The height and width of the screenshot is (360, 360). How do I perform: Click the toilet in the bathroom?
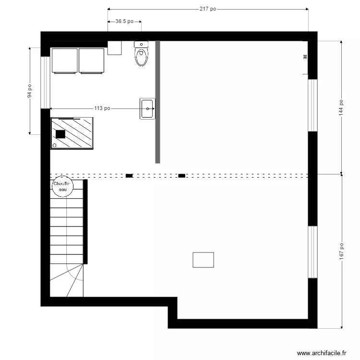point(141,54)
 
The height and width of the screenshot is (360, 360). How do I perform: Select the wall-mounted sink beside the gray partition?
point(147,108)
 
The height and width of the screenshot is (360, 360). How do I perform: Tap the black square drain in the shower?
point(60,134)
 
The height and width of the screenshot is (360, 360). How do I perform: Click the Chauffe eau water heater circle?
point(61,187)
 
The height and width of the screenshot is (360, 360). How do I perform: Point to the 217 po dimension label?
point(207,9)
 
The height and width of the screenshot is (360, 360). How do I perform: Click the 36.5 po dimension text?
point(124,22)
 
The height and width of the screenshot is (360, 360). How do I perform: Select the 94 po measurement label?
point(30,91)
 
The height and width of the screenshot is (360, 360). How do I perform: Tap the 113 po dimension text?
point(102,108)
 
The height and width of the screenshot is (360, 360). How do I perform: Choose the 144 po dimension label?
point(341,107)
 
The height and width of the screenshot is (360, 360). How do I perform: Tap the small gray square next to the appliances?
point(114,48)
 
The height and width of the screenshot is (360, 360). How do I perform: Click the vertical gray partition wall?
point(157,102)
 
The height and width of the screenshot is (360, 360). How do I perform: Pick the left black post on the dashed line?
point(129,176)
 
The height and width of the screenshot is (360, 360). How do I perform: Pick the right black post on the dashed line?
point(181,176)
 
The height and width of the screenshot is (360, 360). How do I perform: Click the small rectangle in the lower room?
point(203,260)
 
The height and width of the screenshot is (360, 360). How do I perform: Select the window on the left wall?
point(45,82)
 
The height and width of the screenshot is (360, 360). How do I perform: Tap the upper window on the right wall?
point(312,105)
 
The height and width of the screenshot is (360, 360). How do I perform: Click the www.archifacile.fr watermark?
point(322,353)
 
